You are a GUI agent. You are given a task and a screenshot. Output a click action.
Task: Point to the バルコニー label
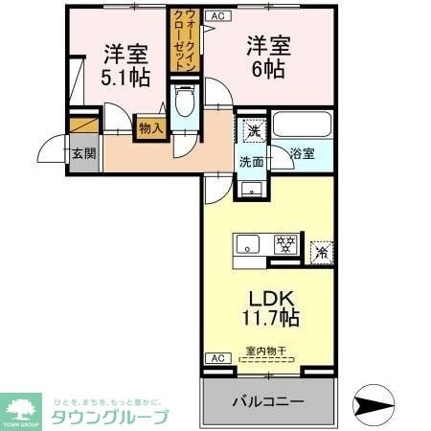[268, 401]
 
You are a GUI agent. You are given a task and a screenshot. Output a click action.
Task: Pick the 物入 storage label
[150, 125]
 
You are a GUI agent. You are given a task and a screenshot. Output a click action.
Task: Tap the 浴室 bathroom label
[303, 153]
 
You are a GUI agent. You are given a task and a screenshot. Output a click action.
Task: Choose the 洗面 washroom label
[252, 161]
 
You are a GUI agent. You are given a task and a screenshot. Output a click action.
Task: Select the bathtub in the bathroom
[302, 125]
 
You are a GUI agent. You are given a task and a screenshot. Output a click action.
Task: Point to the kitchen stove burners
[284, 243]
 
